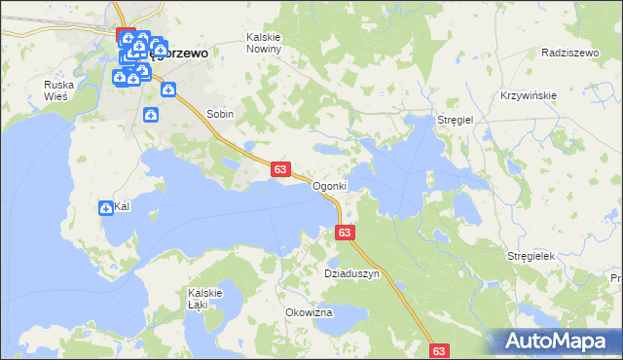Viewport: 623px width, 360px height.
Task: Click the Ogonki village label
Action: pos(328,186)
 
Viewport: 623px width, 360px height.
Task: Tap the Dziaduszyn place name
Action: pos(350,274)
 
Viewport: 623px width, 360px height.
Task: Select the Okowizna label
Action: pos(310,312)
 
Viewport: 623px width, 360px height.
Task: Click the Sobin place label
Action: pos(220,114)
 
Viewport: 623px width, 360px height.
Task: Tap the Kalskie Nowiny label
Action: pos(264,43)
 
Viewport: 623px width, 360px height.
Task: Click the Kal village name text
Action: pos(123,207)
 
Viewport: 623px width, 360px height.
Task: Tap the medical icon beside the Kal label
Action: pos(105,207)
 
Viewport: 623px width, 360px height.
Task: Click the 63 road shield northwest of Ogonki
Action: pos(279,169)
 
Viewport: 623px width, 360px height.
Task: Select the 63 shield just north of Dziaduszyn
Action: pos(345,233)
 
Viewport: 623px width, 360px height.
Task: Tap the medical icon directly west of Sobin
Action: pos(152,116)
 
